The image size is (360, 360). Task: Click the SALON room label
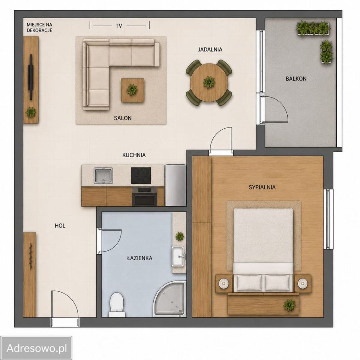pyautogui.click(x=123, y=118)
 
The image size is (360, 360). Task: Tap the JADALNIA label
pyautogui.click(x=210, y=49)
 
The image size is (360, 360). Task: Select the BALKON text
pyautogui.click(x=296, y=79)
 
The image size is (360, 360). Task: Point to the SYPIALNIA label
pyautogui.click(x=262, y=187)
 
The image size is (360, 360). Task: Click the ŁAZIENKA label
pyautogui.click(x=139, y=258)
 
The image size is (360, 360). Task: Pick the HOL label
pyautogui.click(x=60, y=226)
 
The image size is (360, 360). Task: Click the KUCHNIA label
pyautogui.click(x=134, y=155)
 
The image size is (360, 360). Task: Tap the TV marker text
pyautogui.click(x=119, y=26)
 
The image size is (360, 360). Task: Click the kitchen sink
pyautogui.click(x=103, y=175)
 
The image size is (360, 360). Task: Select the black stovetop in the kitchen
pyautogui.click(x=141, y=175)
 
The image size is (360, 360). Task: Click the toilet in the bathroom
pyautogui.click(x=117, y=304)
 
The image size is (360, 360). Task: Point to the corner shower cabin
pyautogui.click(x=169, y=299)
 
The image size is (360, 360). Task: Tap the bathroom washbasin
pyautogui.click(x=178, y=256)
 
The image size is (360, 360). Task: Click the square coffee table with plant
pyautogui.click(x=132, y=90)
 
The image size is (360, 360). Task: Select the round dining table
pyautogui.click(x=209, y=82)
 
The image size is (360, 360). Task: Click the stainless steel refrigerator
pyautogui.click(x=175, y=185)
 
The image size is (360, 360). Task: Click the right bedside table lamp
pyautogui.click(x=302, y=283)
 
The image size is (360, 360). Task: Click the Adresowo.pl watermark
pyautogui.click(x=37, y=348)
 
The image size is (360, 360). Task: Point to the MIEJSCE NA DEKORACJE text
pyautogui.click(x=39, y=27)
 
